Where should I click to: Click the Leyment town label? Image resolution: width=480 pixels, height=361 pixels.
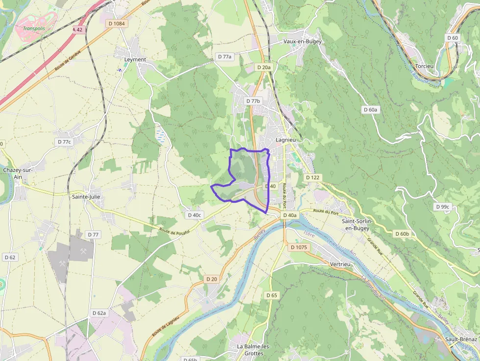[x=135, y=59]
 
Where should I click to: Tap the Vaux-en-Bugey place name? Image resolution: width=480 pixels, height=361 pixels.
[x=303, y=42]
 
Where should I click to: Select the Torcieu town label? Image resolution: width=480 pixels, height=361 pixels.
[x=424, y=66]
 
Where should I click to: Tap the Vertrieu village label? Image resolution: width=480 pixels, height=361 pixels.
[x=341, y=264]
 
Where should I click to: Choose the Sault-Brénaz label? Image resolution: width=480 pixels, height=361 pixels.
[x=461, y=339]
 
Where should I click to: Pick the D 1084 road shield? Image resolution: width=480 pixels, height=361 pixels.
[x=117, y=24]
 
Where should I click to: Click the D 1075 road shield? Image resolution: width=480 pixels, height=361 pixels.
[x=299, y=247]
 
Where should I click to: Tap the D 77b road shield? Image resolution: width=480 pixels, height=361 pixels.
[x=254, y=101]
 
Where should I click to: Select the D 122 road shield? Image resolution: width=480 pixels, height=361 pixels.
[x=312, y=177]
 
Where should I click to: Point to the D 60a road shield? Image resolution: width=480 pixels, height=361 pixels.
[x=371, y=110]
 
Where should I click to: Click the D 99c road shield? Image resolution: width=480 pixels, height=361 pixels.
[x=442, y=207]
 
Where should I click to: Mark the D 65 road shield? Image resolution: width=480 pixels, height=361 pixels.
[x=271, y=295]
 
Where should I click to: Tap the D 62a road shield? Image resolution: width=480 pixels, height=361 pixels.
[x=99, y=313]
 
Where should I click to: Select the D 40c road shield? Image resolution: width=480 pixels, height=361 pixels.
[x=194, y=215]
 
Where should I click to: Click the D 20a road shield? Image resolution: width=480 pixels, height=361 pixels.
[x=264, y=67]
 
